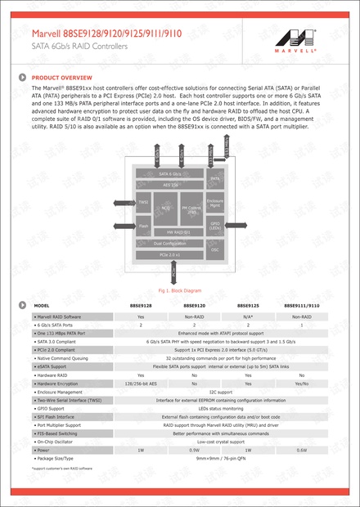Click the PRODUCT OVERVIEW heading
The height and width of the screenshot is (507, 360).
(55, 78)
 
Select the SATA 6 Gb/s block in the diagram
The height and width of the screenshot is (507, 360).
(169, 174)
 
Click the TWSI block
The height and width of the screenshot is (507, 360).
(143, 202)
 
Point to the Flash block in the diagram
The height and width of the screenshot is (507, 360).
(143, 225)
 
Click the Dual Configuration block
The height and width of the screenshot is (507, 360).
(169, 244)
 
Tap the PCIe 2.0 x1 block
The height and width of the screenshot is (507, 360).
(169, 255)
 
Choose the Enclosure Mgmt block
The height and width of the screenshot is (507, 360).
(215, 202)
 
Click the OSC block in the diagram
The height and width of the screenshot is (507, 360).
(215, 249)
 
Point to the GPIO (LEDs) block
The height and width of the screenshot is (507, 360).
(215, 225)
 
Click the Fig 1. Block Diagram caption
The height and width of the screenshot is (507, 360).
(179, 290)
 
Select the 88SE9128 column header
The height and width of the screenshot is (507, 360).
(141, 305)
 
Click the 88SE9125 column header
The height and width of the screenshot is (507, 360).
(248, 305)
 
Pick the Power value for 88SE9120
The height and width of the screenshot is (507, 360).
(194, 450)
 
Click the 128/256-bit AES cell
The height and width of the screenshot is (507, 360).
(141, 384)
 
